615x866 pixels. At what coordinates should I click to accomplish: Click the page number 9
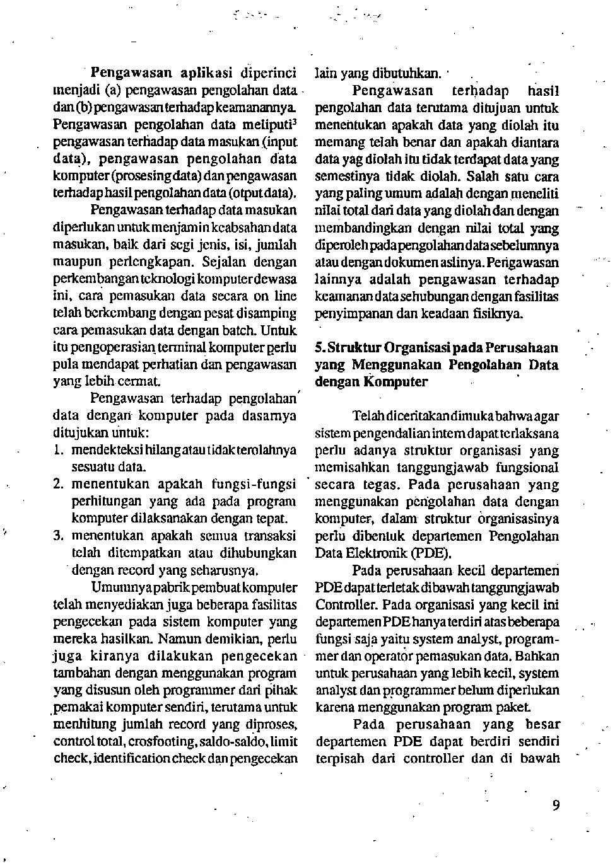coord(555,805)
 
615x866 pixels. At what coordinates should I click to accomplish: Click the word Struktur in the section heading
coord(354,348)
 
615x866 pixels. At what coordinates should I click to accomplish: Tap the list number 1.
coord(57,450)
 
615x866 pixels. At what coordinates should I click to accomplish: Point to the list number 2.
coord(58,485)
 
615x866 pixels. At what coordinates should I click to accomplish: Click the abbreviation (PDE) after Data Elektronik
coord(431,553)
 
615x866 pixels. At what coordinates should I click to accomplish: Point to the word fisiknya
coord(501,313)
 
